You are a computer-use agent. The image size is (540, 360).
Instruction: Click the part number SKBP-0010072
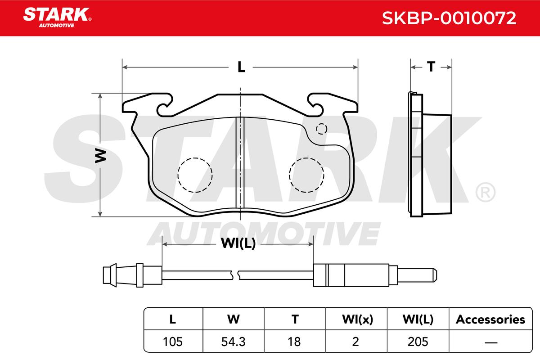[x=449, y=18]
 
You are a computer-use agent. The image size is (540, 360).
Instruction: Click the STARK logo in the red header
[x=57, y=18]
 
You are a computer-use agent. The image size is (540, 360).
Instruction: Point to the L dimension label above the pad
[x=241, y=67]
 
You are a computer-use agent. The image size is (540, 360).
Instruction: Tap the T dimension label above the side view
[x=431, y=67]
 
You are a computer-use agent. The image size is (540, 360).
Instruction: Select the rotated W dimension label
[x=100, y=156]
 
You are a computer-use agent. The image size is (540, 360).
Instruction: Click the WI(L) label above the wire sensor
[x=238, y=243]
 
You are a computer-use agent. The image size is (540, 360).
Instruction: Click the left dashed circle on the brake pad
[x=195, y=175]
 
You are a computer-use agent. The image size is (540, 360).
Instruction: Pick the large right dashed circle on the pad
[x=306, y=175]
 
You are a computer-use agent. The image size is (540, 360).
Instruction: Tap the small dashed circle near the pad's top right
[x=322, y=129]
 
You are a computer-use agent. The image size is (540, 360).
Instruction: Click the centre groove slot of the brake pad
[x=240, y=162]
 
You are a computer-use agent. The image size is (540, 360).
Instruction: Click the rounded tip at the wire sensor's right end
[x=434, y=275]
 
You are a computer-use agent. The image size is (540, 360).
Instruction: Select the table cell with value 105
[x=173, y=342]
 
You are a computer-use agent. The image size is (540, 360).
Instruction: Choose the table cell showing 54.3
[x=234, y=342]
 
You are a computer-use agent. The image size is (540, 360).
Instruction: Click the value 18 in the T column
[x=294, y=342]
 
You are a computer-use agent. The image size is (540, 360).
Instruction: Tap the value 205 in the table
[x=418, y=342]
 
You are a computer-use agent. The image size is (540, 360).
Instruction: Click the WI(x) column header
[x=357, y=319]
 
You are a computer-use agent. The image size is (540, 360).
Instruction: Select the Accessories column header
[x=490, y=319]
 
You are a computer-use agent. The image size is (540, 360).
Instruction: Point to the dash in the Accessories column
[x=491, y=342]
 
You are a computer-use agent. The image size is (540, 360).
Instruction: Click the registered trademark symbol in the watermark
[x=485, y=192]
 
